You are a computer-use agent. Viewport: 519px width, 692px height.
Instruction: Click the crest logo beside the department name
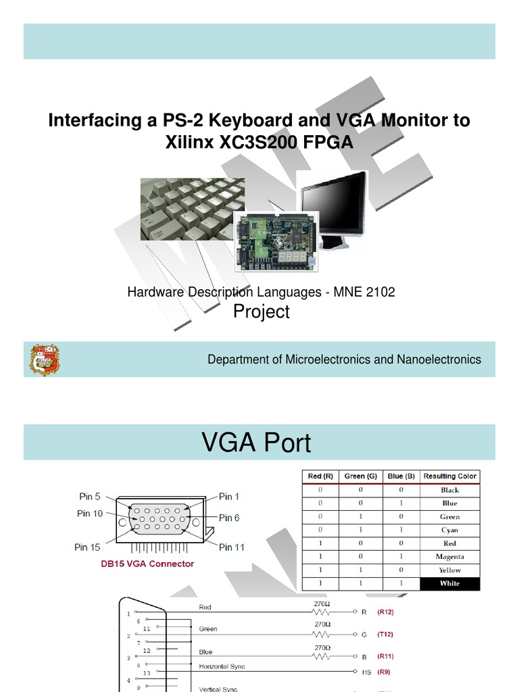[x=44, y=360]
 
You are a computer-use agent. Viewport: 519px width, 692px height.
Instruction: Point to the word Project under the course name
[x=261, y=312]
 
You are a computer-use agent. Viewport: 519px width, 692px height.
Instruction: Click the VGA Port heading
[x=257, y=443]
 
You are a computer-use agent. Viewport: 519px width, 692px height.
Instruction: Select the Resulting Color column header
[x=449, y=476]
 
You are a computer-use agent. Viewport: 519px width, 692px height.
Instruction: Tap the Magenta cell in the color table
[x=449, y=557]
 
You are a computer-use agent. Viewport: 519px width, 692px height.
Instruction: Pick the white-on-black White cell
[x=449, y=583]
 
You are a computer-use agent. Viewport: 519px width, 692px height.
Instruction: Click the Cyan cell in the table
[x=449, y=530]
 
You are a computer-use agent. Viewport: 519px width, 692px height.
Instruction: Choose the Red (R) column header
[x=320, y=476]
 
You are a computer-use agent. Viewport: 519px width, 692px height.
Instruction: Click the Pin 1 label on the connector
[x=229, y=497]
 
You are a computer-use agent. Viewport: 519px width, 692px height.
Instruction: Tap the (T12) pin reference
[x=385, y=635]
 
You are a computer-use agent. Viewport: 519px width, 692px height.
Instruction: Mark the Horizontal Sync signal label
[x=222, y=666]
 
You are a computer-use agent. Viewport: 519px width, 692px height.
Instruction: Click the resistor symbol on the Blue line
[x=322, y=656]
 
